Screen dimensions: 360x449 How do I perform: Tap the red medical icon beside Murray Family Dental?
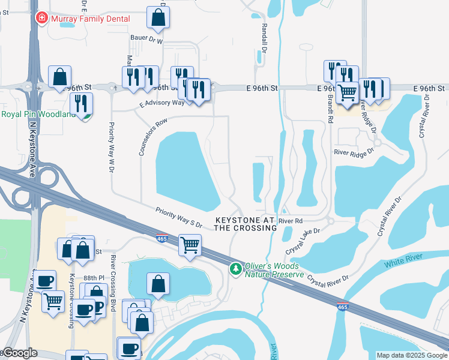tap(41, 19)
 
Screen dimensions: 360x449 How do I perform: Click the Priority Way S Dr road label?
tap(179, 217)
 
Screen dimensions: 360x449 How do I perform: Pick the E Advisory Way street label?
tap(162, 103)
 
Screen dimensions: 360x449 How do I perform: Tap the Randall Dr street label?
tap(264, 37)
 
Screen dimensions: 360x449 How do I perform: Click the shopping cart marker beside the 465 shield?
tap(190, 245)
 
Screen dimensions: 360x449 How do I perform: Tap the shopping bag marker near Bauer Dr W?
tap(158, 18)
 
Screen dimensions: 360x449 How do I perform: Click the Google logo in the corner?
tap(20, 353)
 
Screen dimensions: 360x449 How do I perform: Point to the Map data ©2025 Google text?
tap(412, 355)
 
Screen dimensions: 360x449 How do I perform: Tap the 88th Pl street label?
tap(94, 278)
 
